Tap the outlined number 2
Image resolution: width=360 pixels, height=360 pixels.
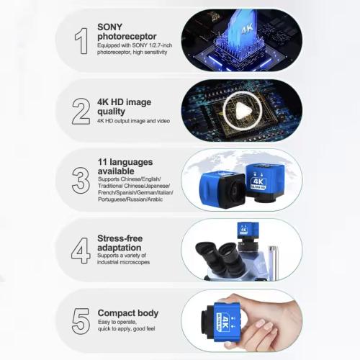(x=81, y=111)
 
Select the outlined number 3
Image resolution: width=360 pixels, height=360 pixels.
(x=81, y=180)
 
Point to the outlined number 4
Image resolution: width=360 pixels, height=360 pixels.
(x=81, y=251)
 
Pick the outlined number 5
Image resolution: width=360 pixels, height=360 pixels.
(x=81, y=321)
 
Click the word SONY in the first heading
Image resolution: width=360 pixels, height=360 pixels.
(x=110, y=27)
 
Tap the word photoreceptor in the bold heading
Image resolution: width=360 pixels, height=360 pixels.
(x=127, y=37)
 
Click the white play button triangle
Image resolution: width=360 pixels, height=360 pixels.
(x=243, y=111)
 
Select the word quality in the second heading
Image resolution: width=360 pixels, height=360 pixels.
(x=111, y=112)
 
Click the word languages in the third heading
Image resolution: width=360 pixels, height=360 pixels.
(x=131, y=162)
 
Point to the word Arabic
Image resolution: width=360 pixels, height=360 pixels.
(x=155, y=199)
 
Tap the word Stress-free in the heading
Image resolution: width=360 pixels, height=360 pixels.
(x=120, y=238)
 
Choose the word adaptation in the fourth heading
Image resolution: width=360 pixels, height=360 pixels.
(x=120, y=248)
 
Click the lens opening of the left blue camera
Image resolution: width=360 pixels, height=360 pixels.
(x=235, y=192)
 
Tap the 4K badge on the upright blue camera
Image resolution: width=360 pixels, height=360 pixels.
(x=258, y=183)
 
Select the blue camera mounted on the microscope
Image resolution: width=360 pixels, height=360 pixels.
(x=248, y=231)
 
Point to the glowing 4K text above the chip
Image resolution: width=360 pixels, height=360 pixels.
(x=247, y=30)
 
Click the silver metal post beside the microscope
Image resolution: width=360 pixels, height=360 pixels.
(x=273, y=263)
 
